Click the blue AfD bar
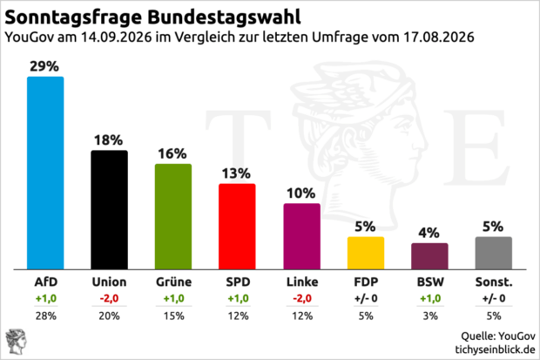click(x=45, y=173)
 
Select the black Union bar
click(x=109, y=210)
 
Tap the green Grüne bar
click(x=173, y=216)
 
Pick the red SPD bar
click(x=237, y=227)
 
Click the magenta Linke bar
click(x=301, y=236)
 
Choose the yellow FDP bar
click(x=366, y=253)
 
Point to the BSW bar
click(x=429, y=256)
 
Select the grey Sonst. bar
click(x=494, y=253)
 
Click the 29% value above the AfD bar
click(x=44, y=66)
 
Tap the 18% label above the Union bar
click(x=109, y=140)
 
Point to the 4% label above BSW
click(x=429, y=233)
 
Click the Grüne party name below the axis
click(x=174, y=282)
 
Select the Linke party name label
click(x=302, y=282)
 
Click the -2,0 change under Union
click(x=109, y=298)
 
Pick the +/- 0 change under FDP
click(x=366, y=298)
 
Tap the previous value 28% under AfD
click(x=46, y=316)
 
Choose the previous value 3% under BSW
click(x=430, y=316)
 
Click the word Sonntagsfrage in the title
click(x=73, y=17)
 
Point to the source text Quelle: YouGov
click(x=498, y=336)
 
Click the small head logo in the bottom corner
click(x=17, y=342)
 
